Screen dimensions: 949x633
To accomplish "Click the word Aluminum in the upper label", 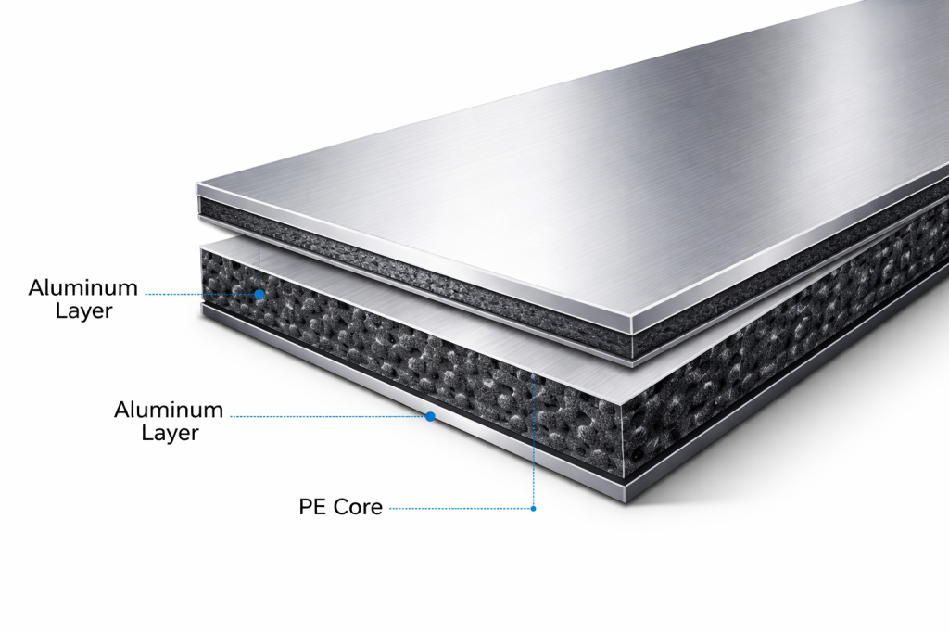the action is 83,287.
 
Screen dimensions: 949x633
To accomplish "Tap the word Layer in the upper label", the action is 84,310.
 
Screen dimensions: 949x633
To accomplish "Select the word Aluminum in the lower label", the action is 169,410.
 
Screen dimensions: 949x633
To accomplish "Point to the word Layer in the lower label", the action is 171,433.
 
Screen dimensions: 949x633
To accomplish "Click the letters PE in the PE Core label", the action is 313,507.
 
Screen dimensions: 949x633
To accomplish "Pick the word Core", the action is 359,507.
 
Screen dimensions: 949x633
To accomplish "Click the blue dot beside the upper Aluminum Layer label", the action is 259,295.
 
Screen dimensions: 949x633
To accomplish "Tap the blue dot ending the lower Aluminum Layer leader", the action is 430,416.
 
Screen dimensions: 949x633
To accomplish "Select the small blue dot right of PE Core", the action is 533,508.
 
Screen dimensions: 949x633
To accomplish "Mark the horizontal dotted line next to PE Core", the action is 460,508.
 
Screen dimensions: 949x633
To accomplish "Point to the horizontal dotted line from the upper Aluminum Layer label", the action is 200,295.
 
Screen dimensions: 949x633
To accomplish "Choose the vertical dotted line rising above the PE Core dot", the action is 533,439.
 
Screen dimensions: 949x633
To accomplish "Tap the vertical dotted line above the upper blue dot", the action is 259,262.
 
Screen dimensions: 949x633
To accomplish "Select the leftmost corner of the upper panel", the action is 197,184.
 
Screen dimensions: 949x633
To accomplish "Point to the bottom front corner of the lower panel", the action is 626,501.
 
